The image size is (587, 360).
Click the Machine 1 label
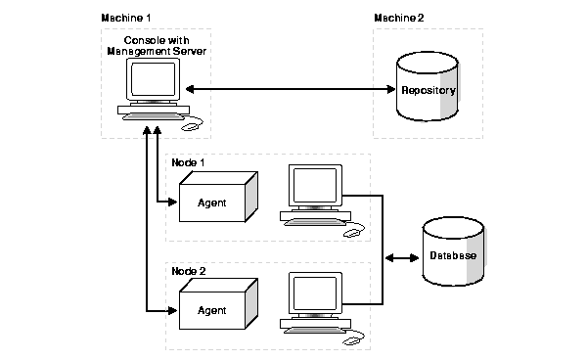124,20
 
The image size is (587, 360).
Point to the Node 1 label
189,161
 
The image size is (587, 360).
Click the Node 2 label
189,269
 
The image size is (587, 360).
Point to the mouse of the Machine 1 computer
193,124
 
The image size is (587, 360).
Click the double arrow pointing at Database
401,258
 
